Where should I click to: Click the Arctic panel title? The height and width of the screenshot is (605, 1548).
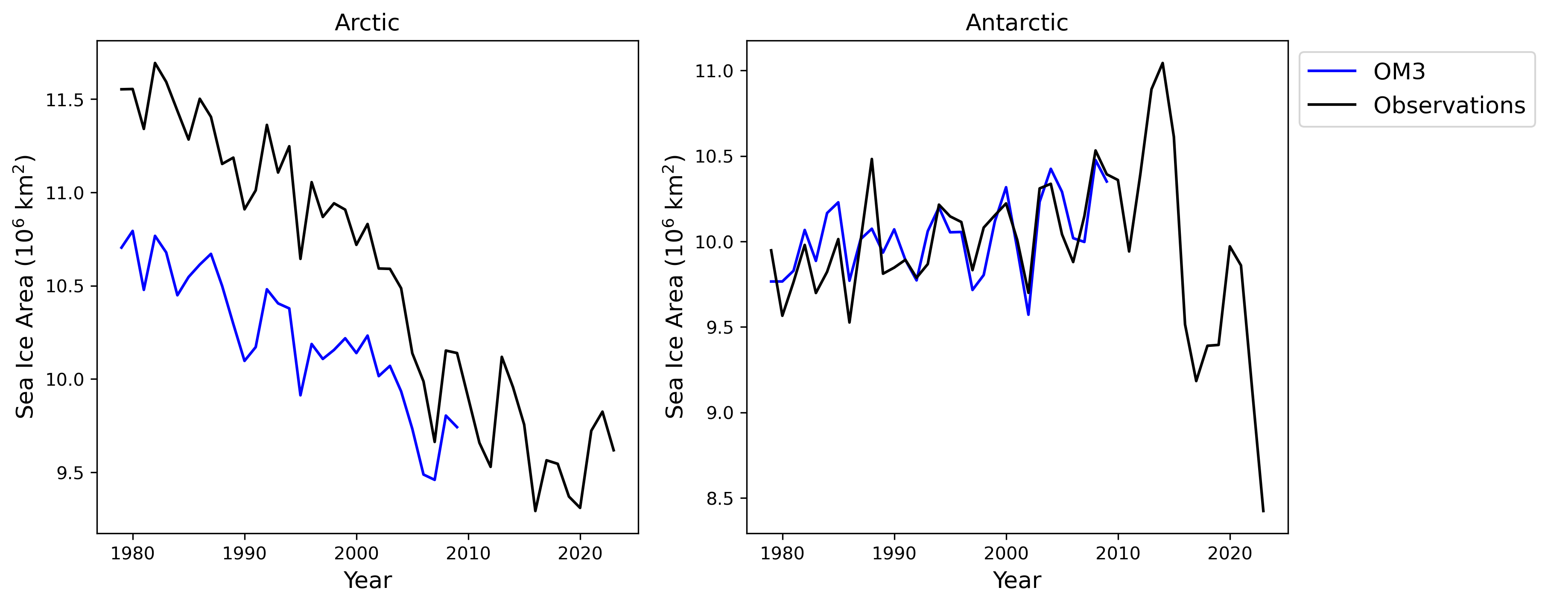[x=367, y=23]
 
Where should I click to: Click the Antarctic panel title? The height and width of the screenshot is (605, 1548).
[x=1017, y=23]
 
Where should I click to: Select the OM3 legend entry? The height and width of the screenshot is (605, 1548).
[x=1399, y=72]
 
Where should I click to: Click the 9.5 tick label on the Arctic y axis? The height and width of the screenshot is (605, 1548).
[x=70, y=473]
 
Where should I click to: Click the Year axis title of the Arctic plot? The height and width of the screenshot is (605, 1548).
[x=367, y=580]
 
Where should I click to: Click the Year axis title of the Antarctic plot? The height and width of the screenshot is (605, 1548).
[x=1017, y=580]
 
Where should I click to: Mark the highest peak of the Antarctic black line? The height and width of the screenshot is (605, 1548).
[x=1162, y=63]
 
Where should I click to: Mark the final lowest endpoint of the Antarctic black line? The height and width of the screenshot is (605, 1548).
[x=1263, y=511]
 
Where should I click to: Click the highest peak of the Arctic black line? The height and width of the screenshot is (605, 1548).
[x=155, y=62]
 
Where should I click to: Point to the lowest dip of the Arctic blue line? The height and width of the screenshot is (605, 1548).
[x=435, y=480]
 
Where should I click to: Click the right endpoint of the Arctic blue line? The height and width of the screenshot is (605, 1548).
[x=457, y=427]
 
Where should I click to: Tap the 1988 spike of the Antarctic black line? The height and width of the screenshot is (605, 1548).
[x=871, y=159]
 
